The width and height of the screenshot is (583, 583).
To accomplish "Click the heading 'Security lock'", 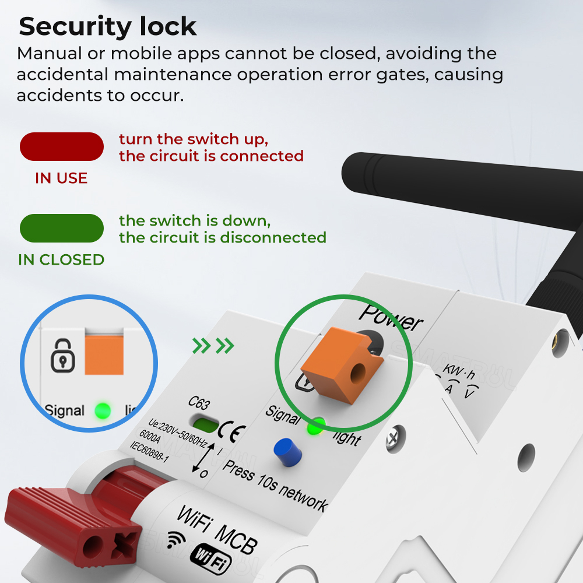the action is tap(107, 27).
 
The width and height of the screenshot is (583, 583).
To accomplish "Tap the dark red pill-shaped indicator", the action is tap(62, 146).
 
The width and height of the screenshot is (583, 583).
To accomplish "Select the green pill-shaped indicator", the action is tap(62, 228).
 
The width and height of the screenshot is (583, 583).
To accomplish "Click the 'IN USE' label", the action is tap(61, 178).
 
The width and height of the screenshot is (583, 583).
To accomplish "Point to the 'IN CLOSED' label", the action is tap(61, 259).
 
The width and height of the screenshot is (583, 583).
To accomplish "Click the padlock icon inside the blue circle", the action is tap(63, 356).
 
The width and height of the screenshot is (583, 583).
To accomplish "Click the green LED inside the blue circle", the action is tap(103, 410).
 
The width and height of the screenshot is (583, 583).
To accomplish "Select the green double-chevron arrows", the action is tap(213, 346).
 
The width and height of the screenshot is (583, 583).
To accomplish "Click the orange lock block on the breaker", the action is tap(341, 365).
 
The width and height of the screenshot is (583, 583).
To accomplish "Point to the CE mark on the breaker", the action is tap(231, 431).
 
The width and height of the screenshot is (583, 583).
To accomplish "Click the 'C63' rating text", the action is tap(199, 403).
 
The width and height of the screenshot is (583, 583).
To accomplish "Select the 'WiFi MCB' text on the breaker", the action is tap(217, 529).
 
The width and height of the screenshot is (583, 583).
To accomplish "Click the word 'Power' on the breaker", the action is tap(391, 318).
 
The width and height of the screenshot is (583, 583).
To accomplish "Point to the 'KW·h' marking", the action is tap(459, 371).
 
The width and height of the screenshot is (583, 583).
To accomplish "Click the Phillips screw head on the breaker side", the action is tap(395, 439).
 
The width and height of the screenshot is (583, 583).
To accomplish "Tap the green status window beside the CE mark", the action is tap(204, 424).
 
